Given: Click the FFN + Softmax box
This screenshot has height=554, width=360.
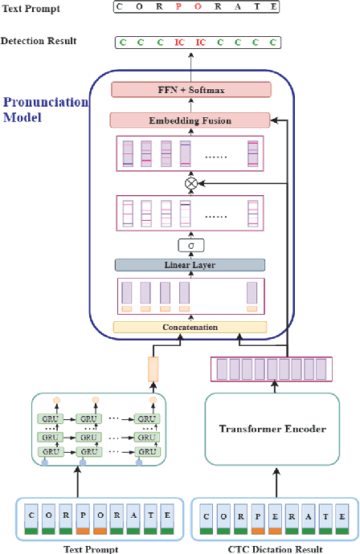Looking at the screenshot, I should (190, 90).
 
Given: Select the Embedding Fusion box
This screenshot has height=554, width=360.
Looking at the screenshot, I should (190, 120).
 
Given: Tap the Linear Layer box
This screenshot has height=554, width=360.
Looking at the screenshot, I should (190, 264).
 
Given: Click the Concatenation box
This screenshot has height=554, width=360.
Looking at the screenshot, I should (190, 327).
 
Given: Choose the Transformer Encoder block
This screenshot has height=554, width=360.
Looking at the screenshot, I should (272, 429).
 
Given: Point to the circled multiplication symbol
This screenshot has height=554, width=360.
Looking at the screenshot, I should (190, 183).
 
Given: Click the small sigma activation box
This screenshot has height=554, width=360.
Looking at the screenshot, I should (190, 245).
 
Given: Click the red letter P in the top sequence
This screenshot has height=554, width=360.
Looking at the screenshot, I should (178, 7).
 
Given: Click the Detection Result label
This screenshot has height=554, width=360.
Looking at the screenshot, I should (39, 40).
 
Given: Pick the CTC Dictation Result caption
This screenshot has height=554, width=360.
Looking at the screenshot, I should (273, 549).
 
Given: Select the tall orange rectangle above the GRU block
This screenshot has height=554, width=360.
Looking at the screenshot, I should (153, 369).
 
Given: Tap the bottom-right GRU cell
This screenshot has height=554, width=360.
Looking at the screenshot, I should (145, 453).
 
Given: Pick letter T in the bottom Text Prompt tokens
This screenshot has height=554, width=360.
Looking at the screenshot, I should (147, 515).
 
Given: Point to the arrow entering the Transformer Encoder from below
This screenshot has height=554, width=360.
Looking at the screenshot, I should (273, 480).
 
